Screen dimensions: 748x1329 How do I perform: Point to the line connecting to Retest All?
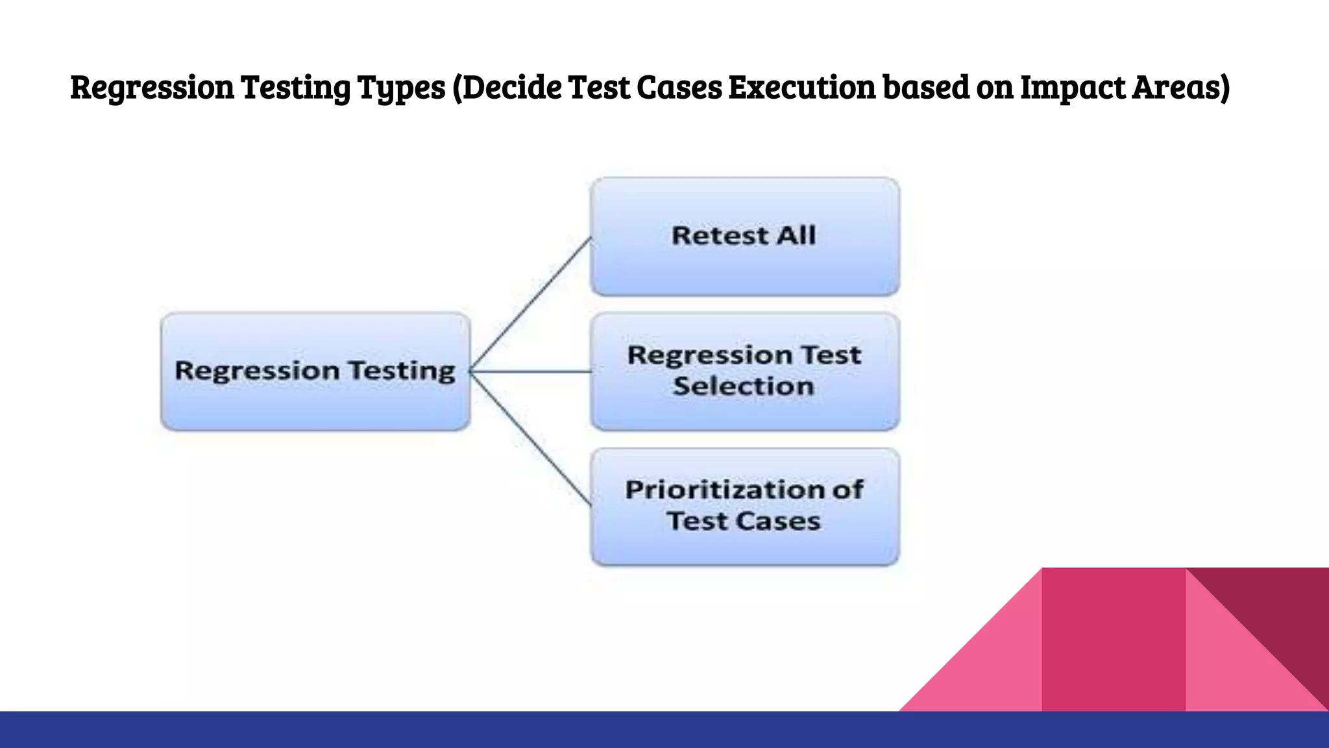531,304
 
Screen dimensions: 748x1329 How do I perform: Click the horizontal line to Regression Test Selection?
531,372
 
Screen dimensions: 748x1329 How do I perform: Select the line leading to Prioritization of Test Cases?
531,439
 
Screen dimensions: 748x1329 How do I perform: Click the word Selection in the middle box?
743,386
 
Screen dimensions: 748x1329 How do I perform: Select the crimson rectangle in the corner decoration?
1114,640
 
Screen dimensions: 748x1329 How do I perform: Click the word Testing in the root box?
402,371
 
